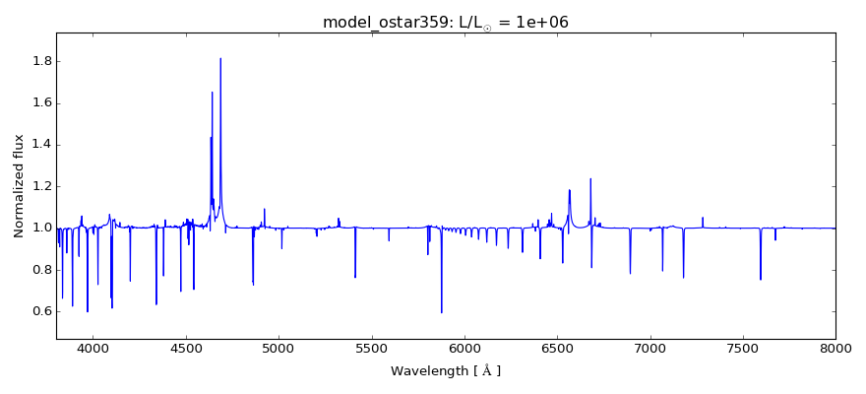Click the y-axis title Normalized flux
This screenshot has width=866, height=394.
click(19, 185)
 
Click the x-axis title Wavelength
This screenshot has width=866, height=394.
click(445, 371)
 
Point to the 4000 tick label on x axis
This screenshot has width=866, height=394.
click(93, 349)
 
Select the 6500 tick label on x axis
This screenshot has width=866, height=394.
click(557, 349)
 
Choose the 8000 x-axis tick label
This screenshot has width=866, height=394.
click(835, 349)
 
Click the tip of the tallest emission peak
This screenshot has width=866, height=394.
click(220, 58)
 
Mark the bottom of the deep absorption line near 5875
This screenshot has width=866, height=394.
click(441, 312)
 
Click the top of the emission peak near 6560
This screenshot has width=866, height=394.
click(569, 190)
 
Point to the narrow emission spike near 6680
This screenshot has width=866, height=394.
click(590, 179)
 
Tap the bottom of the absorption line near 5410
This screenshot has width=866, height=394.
click(355, 277)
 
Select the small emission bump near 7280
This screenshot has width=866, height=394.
click(703, 218)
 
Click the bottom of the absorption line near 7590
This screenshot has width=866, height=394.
click(760, 279)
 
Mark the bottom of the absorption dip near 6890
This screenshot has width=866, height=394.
click(630, 273)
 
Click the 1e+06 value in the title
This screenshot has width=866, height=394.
click(541, 22)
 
